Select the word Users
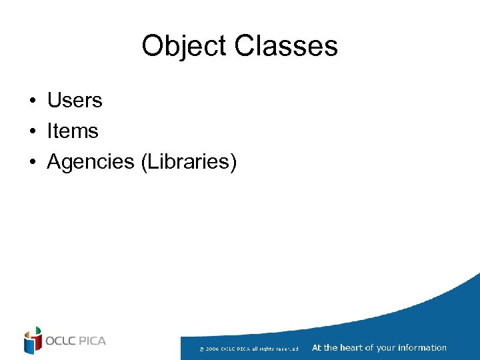click(74, 101)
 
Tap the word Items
click(72, 131)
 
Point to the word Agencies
click(91, 162)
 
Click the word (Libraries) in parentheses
click(189, 162)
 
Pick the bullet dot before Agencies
click(32, 163)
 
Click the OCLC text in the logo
click(61, 341)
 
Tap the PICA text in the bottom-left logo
click(92, 341)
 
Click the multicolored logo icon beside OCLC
click(33, 340)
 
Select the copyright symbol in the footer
click(201, 349)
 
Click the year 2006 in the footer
click(212, 349)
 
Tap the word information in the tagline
click(421, 347)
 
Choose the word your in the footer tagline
click(385, 347)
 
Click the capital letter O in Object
click(152, 47)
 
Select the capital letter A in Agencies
click(53, 162)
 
